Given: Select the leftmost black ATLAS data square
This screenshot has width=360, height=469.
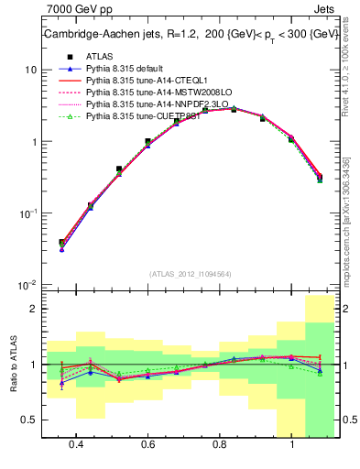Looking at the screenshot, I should (x=62, y=243).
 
